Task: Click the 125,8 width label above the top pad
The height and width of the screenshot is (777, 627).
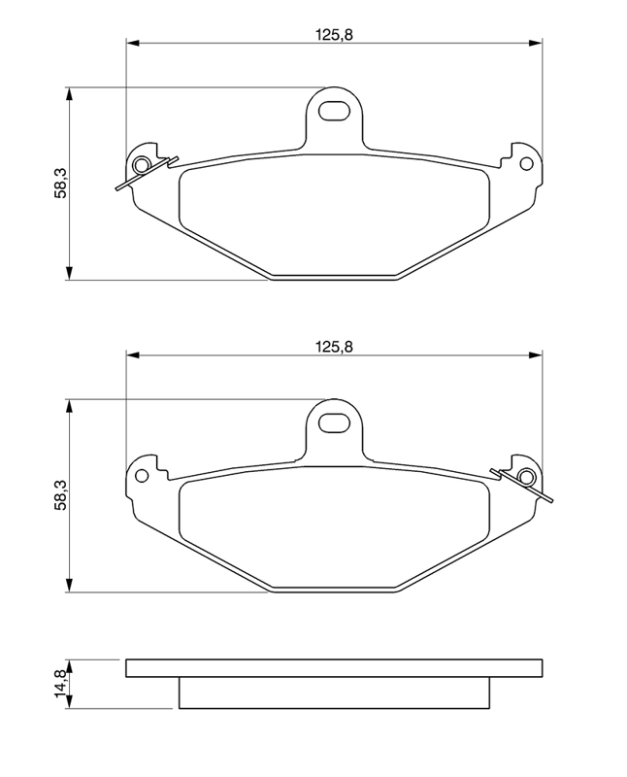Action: [334, 35]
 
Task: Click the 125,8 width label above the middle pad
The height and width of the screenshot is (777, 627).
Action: [334, 347]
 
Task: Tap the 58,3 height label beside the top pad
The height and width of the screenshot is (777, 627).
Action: [60, 184]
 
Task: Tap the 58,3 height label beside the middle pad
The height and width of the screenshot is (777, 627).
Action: [60, 494]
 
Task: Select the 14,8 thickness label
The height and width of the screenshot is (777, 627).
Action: [60, 684]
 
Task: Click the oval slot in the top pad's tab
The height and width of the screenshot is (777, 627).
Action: [334, 111]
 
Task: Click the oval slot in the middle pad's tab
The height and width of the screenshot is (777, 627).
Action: [334, 422]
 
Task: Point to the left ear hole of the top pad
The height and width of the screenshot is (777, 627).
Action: [142, 164]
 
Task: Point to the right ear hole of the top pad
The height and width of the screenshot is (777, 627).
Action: [526, 163]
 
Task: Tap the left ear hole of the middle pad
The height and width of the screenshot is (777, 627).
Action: [142, 476]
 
